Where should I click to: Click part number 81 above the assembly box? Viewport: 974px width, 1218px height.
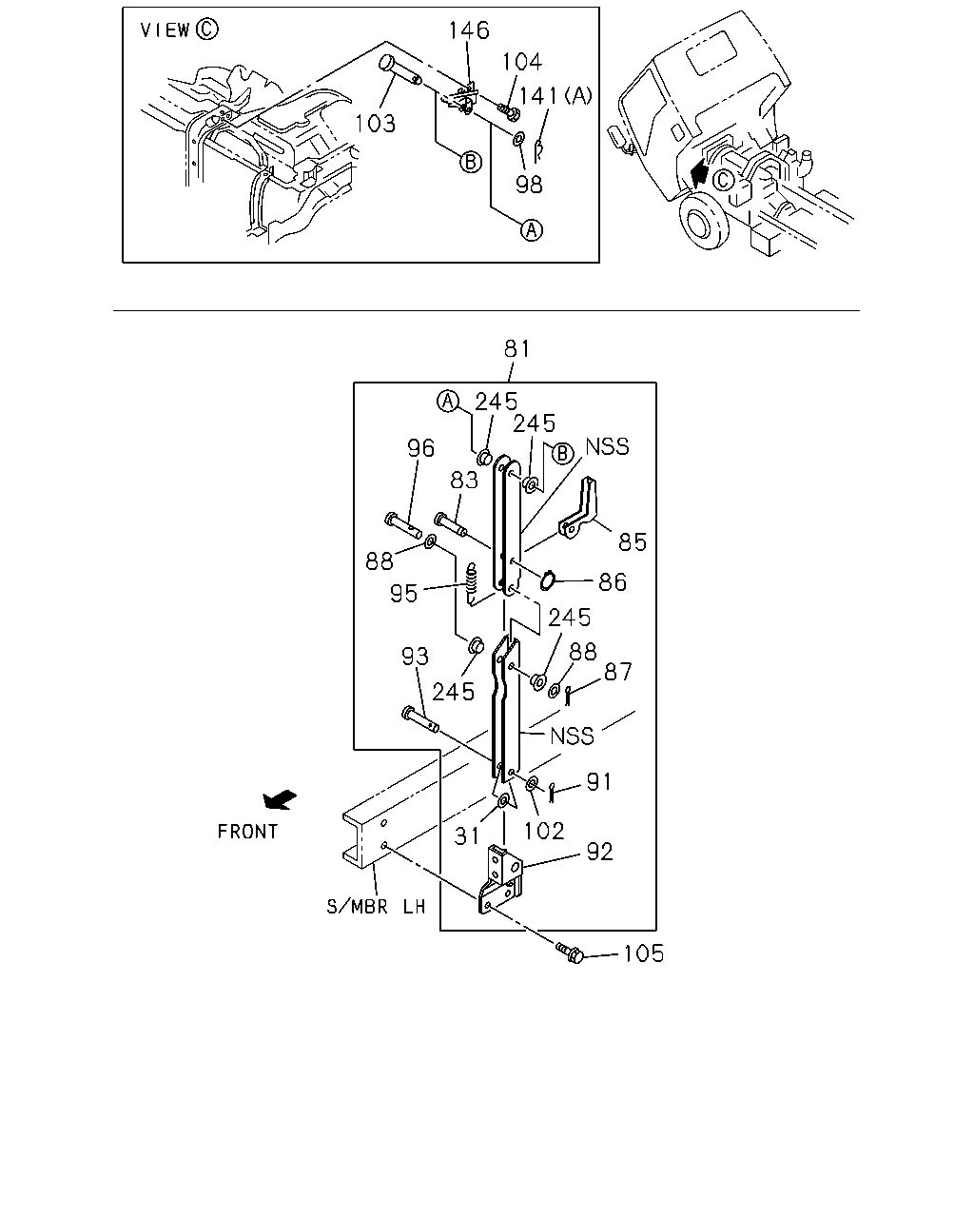tap(516, 348)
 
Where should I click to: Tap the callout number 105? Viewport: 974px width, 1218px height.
tap(643, 953)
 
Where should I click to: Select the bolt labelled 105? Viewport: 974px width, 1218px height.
tap(570, 953)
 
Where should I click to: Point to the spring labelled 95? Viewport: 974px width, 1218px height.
tap(471, 583)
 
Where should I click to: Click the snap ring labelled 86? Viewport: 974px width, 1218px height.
tap(547, 580)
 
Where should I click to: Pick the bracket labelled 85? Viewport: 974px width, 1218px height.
tap(578, 508)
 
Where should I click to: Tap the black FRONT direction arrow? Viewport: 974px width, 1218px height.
tap(279, 799)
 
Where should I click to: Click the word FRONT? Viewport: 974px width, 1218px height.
tap(247, 832)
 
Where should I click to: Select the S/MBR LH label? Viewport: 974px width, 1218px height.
tap(376, 907)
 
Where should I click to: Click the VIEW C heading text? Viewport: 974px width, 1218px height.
tap(179, 29)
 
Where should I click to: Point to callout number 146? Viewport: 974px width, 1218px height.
tap(469, 30)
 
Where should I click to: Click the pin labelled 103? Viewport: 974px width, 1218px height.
tap(399, 70)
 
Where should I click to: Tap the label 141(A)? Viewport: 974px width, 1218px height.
tap(555, 96)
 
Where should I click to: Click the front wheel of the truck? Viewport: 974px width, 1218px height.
tap(705, 220)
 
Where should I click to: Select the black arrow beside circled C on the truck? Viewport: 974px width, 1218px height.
tap(699, 173)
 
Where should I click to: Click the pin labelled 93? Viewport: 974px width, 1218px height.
tap(419, 719)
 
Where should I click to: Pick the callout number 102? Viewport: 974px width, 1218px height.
tap(544, 832)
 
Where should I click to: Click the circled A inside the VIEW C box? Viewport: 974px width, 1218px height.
tap(532, 229)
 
